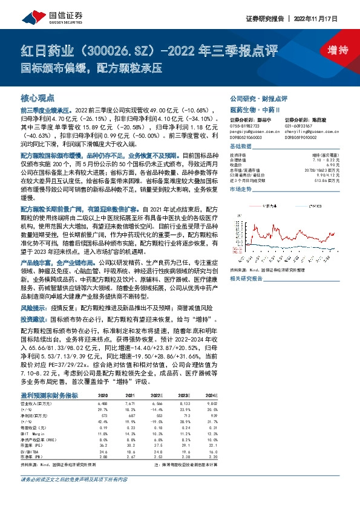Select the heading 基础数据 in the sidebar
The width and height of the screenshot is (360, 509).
coord(241,147)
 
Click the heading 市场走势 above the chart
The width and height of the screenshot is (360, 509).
coord(241,189)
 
